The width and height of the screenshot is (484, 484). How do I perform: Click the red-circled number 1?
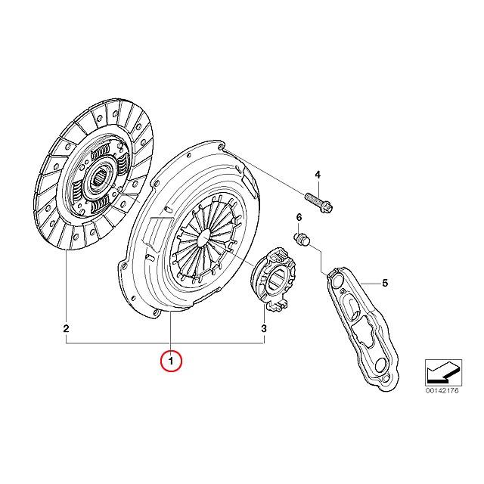coord(172,361)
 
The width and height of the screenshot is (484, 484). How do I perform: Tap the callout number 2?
coord(66,329)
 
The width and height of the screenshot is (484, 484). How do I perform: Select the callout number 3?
coord(264,329)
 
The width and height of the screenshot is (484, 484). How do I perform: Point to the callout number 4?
coord(318,175)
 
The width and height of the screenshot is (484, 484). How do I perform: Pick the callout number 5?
coord(384,284)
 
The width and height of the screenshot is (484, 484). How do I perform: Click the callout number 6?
coord(299,218)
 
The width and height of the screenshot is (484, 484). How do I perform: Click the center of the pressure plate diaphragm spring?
coord(205,239)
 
